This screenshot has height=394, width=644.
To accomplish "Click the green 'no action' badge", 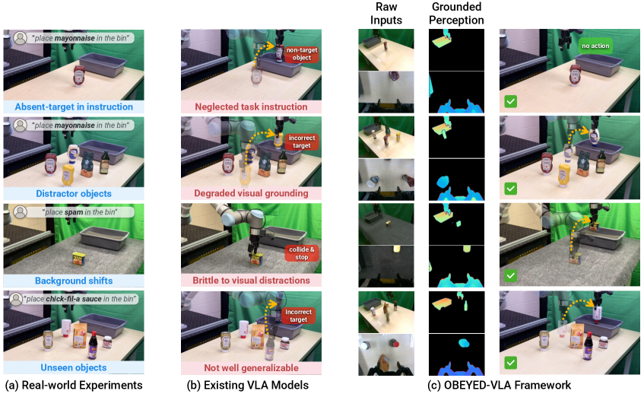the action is (x=595, y=46).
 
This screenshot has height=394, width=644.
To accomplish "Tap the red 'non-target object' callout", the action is (x=302, y=54).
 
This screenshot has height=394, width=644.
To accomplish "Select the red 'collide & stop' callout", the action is (x=302, y=253).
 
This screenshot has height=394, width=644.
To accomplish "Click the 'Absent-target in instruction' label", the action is (x=74, y=106).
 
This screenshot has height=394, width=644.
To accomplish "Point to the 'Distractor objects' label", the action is (x=74, y=193).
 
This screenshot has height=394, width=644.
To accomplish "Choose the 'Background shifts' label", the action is (x=74, y=281).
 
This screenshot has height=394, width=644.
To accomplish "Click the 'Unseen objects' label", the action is (x=74, y=367).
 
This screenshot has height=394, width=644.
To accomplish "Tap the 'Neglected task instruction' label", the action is (x=252, y=106).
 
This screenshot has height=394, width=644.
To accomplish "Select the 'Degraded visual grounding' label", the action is (x=252, y=193).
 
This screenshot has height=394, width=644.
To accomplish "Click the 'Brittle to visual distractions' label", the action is (x=252, y=281).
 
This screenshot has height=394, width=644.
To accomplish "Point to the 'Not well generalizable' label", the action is (x=252, y=367).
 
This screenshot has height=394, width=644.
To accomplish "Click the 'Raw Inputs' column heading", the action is (x=386, y=14).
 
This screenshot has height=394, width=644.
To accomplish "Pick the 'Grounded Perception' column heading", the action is (x=456, y=14).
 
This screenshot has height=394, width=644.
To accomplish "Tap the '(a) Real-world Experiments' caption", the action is (x=74, y=386).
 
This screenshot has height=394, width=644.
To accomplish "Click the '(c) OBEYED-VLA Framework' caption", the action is (x=499, y=386).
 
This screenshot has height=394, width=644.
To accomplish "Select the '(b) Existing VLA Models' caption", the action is (x=248, y=386).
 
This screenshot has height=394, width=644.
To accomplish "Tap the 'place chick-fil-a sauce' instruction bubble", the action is (x=74, y=299).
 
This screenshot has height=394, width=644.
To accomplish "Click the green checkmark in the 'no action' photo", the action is (x=510, y=101).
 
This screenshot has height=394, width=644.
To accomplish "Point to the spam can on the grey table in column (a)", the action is (x=78, y=259).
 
